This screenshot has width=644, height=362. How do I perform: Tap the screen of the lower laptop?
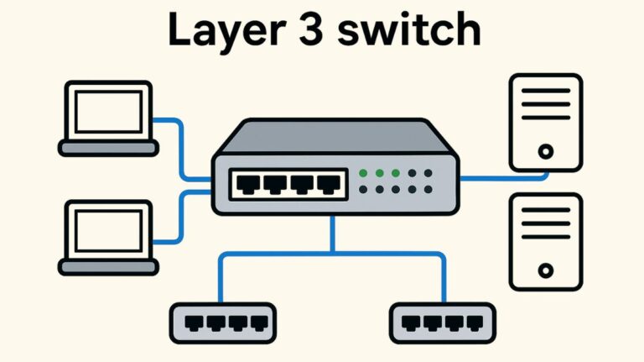(x=107, y=230)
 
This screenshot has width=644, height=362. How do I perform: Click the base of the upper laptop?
(x=107, y=148)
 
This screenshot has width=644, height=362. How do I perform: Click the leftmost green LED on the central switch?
(x=363, y=174)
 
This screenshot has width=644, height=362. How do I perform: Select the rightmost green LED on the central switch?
(x=395, y=174)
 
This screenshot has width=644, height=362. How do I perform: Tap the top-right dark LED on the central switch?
(x=428, y=174)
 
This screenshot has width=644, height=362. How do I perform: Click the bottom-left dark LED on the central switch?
(x=363, y=191)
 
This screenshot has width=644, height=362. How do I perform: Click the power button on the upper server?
(x=546, y=152)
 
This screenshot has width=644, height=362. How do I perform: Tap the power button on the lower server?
(x=546, y=270)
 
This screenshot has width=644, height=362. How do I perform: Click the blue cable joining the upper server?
(x=503, y=178)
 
